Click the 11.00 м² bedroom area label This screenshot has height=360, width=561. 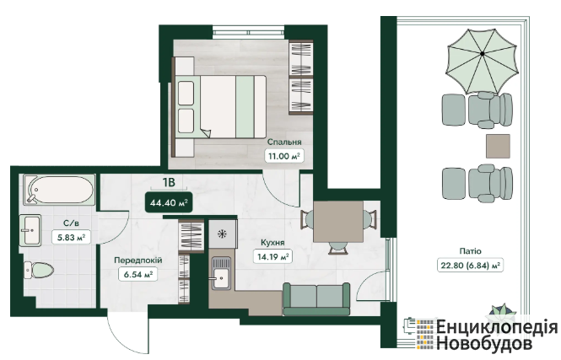click(x=284, y=156)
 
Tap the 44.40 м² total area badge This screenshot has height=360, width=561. click(x=169, y=202)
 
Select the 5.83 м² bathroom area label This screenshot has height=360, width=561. click(x=71, y=237)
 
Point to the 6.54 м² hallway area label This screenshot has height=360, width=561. click(x=138, y=274)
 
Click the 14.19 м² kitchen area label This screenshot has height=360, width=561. click(x=272, y=256)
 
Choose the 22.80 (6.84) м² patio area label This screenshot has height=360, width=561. click(x=470, y=266)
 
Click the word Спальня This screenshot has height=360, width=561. click(x=284, y=142)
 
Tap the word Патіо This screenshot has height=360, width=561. click(x=470, y=251)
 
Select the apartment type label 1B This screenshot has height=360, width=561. click(x=169, y=183)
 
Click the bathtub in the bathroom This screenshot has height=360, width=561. click(x=59, y=190)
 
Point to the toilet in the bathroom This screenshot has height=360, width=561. click(x=39, y=270)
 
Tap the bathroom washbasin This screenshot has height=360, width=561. click(x=30, y=230)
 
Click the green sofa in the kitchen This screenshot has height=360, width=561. click(x=316, y=299)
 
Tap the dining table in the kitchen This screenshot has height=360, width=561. click(x=338, y=221)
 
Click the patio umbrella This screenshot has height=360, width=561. click(x=482, y=62)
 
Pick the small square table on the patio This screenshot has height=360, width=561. click(x=498, y=146)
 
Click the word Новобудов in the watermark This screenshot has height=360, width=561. click(x=483, y=343)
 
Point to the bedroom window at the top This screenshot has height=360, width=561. click(x=248, y=32)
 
